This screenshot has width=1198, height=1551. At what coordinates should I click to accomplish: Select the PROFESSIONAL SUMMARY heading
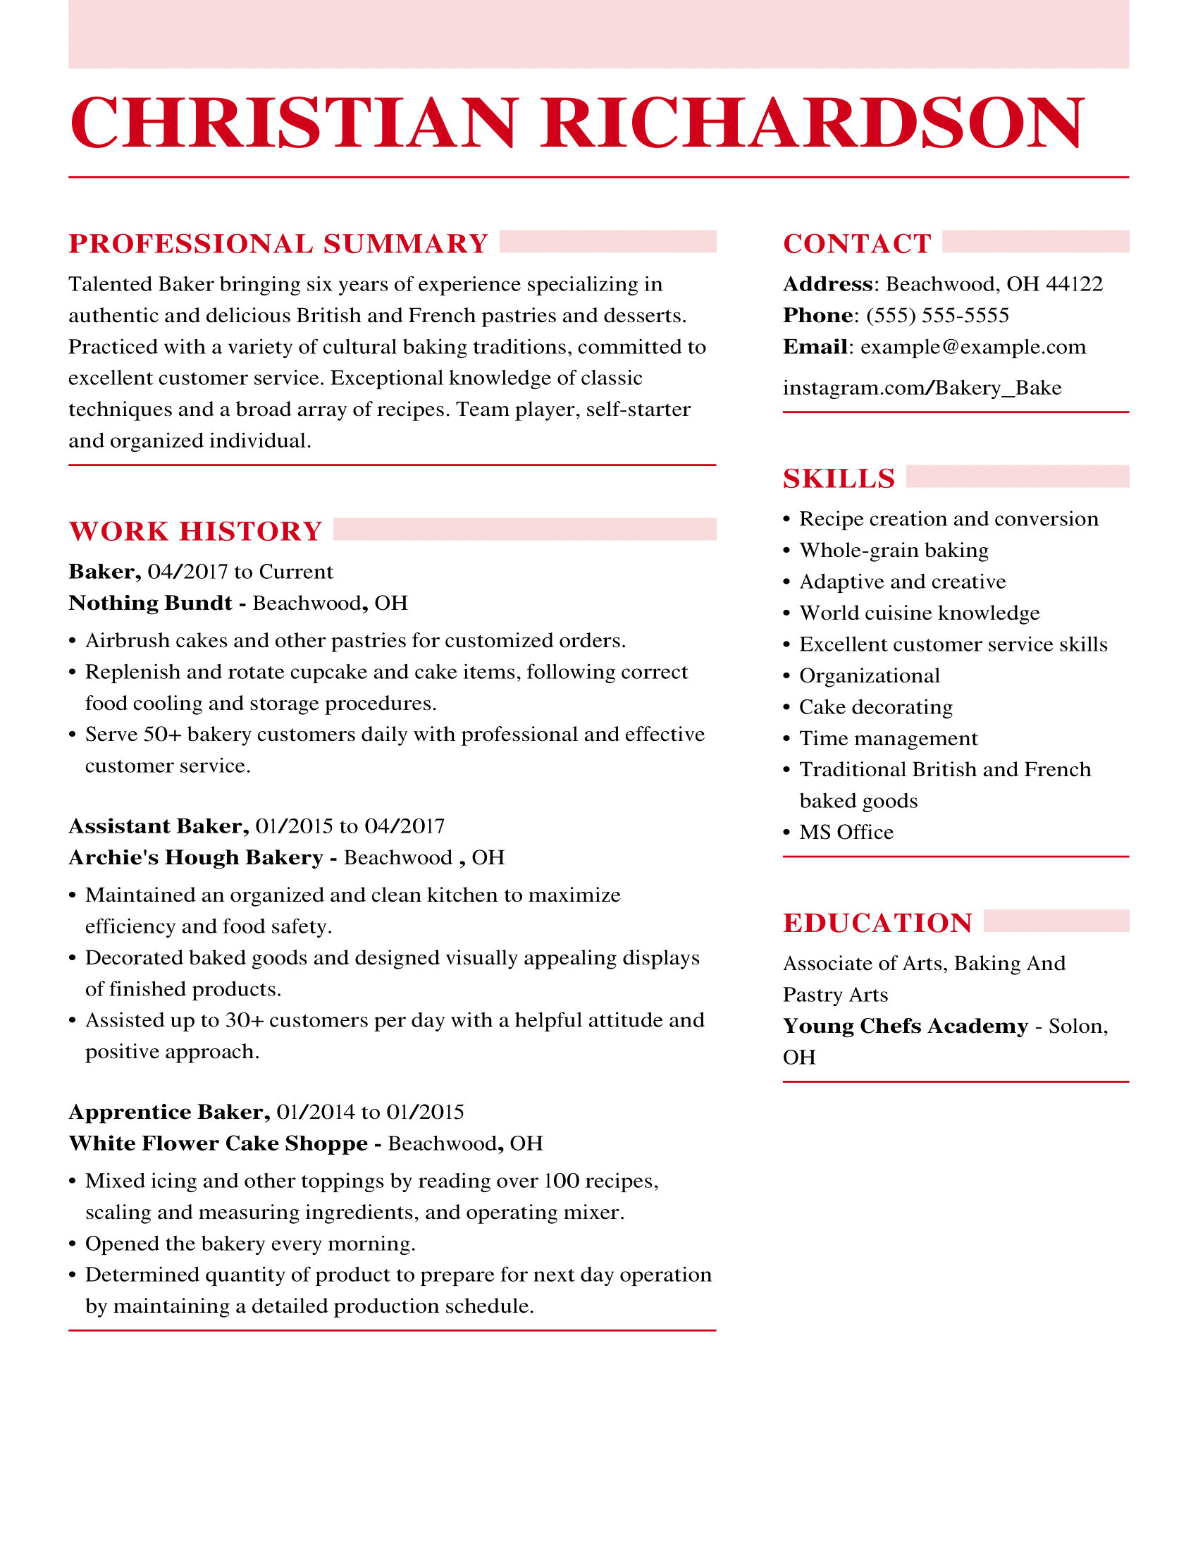coord(278,244)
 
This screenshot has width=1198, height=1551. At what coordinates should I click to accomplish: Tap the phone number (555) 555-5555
coord(937,315)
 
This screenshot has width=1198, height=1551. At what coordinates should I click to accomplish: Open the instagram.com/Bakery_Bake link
coord(922,388)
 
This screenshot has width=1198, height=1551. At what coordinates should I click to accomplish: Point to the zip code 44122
coord(1074,284)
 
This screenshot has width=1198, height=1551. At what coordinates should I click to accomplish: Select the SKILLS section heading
coord(839,479)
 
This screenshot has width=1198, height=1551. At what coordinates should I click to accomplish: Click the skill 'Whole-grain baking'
coord(894,551)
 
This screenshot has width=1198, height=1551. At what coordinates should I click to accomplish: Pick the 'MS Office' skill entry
coord(846,833)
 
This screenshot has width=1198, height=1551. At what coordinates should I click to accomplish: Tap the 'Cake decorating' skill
coord(876,707)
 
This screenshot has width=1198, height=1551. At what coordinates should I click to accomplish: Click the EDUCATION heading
coord(877,924)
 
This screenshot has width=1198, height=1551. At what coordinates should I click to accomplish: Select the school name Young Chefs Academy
coord(905,1026)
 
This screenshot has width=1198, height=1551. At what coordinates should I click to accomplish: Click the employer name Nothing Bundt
coord(151,603)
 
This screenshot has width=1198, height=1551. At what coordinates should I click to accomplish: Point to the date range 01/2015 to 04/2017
coord(350,826)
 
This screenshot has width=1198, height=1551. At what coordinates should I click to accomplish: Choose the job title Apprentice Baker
coord(169,1111)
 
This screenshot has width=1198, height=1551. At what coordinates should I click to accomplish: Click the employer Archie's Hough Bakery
coord(196,857)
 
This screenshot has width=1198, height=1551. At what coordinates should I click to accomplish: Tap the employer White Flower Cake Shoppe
coord(218,1143)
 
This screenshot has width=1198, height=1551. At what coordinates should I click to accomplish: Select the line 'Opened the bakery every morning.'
coord(250,1244)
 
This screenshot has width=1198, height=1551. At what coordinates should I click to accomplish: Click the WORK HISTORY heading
coord(196,531)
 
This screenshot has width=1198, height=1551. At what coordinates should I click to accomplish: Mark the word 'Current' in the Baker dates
coord(296,572)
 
